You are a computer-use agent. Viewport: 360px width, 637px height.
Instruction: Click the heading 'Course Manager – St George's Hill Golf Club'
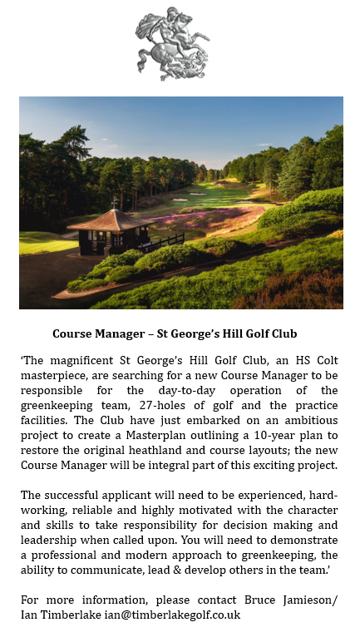click(180, 334)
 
